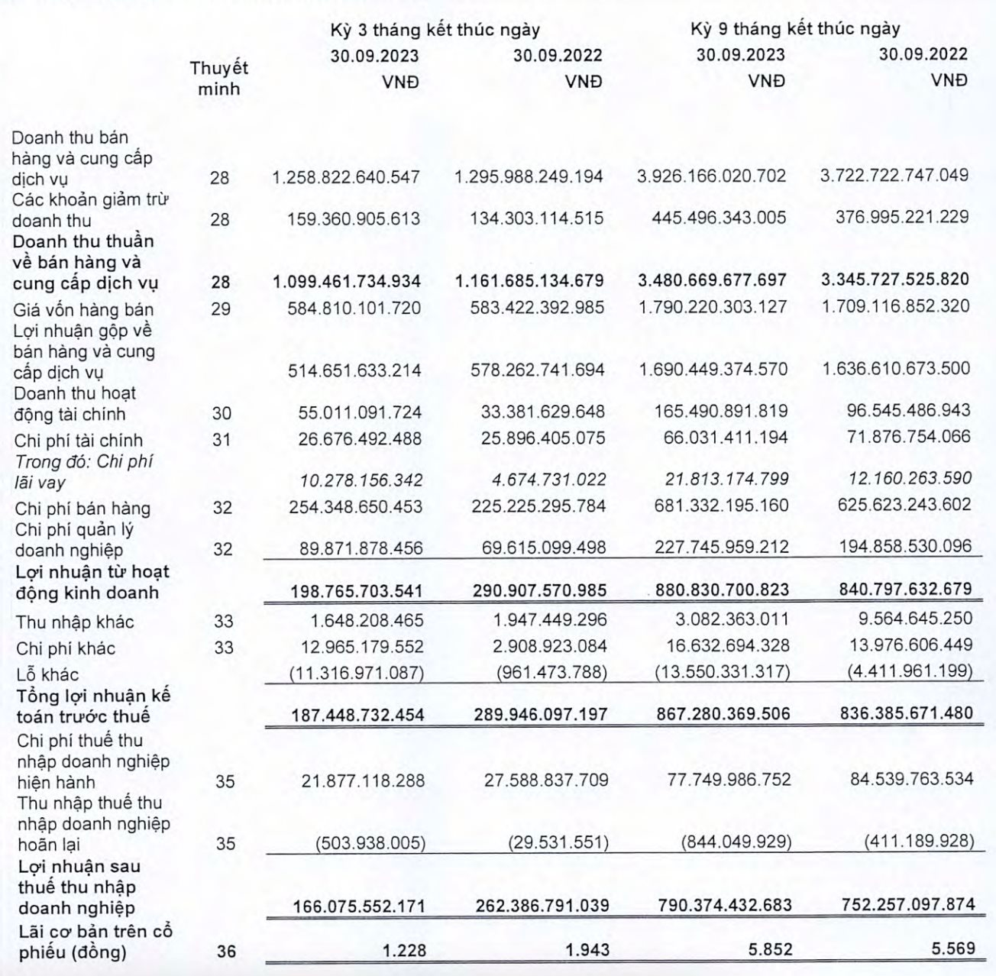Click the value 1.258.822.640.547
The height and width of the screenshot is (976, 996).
tap(346, 177)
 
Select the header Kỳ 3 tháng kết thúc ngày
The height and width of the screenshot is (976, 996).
tap(435, 30)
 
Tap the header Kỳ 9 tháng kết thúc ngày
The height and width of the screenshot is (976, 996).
tap(795, 29)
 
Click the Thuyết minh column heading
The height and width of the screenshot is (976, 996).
tap(219, 78)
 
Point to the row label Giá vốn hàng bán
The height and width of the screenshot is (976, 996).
tap(84, 309)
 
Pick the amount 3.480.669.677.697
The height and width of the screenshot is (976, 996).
tap(712, 280)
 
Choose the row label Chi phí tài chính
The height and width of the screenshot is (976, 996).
tap(79, 441)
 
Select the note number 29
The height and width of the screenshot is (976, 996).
tap(221, 309)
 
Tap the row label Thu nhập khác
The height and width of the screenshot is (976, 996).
tap(75, 622)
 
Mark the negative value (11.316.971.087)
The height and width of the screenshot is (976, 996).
tap(356, 673)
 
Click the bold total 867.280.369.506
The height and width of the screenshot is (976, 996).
tap(723, 714)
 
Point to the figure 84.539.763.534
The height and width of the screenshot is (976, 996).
tap(912, 780)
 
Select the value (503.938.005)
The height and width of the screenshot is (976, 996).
tap(370, 844)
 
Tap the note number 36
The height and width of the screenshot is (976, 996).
tap(225, 952)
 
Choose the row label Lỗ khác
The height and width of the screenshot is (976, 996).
tap(47, 674)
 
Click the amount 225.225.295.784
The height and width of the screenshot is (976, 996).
tap(539, 506)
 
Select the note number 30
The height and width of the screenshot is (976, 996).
tap(222, 413)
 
